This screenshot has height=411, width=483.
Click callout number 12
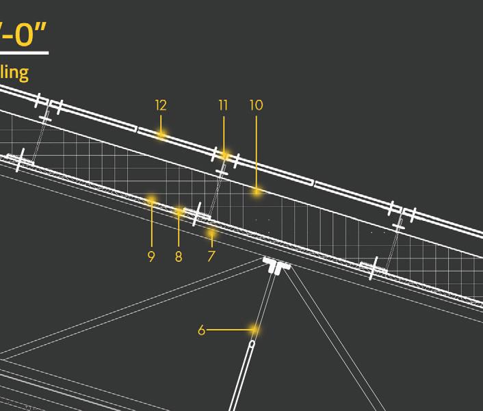click(x=161, y=105)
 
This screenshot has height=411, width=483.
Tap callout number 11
click(x=223, y=105)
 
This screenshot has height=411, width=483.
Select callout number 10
click(x=256, y=105)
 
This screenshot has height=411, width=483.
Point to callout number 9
click(x=151, y=256)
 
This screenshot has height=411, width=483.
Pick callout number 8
click(x=179, y=256)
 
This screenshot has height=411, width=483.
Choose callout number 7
click(x=211, y=256)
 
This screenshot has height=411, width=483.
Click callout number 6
click(x=201, y=330)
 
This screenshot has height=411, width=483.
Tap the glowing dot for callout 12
click(x=161, y=135)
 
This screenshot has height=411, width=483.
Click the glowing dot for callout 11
click(x=224, y=156)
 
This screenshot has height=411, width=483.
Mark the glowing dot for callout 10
click(x=257, y=192)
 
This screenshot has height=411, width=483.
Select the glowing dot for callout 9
click(x=151, y=200)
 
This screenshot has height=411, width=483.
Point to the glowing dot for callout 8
click(x=179, y=212)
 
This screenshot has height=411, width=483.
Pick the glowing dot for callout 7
click(x=212, y=234)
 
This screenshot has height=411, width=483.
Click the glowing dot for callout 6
click(x=254, y=330)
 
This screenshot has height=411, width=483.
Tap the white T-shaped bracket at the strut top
click(x=276, y=265)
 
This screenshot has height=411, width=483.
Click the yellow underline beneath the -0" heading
click(x=24, y=53)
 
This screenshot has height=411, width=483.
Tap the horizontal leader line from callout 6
click(x=229, y=330)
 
